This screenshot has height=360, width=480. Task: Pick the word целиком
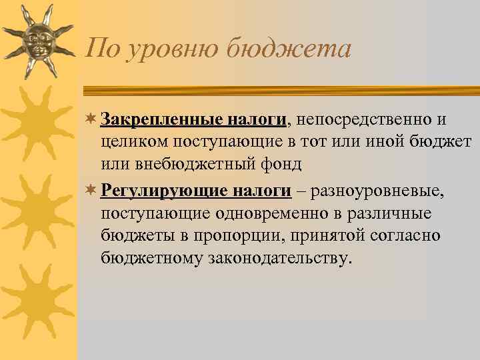coord(135,141)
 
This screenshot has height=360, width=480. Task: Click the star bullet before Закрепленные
coord(92,120)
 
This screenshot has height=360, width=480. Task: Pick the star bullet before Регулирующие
coord(92,192)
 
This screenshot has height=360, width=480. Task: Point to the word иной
coord(380,141)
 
